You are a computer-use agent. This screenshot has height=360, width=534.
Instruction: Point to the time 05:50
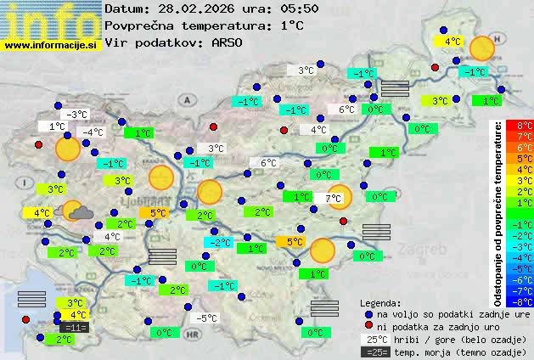tap(301, 8)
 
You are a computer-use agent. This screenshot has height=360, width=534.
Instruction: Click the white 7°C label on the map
tap(333, 198)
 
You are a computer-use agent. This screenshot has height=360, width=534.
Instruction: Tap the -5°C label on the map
tap(206, 318)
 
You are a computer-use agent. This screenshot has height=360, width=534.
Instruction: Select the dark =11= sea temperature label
tap(75, 327)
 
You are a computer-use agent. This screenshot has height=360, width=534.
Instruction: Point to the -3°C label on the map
tap(77, 115)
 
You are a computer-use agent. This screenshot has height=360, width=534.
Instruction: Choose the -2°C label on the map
tap(220, 243)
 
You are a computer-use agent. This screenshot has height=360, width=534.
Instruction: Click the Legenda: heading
tap(380, 302)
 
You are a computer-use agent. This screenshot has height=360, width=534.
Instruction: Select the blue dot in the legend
tap(368, 314)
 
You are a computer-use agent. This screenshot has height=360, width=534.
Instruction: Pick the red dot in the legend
tap(368, 326)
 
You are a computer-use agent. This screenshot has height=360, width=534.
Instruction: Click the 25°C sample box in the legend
tap(374, 339)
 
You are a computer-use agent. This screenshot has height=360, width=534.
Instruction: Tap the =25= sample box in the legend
tap(374, 351)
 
